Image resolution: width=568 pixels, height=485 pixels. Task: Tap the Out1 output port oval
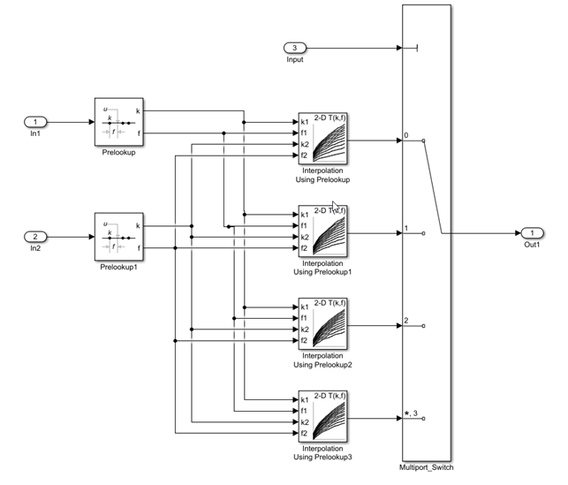(534, 233)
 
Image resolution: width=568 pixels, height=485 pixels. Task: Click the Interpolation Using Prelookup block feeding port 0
(322, 139)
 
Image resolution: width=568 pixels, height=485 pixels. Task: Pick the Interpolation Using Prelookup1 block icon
(322, 231)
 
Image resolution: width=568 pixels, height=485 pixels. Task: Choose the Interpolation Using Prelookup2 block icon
(322, 323)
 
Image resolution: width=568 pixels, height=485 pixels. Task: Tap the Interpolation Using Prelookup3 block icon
(322, 416)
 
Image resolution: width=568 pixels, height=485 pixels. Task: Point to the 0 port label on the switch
(406, 135)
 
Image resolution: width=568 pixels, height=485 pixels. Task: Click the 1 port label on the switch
(406, 228)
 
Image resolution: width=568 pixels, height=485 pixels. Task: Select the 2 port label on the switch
(406, 321)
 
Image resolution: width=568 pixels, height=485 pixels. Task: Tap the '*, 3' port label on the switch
(409, 413)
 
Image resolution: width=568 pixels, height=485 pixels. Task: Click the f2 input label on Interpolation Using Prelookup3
(305, 433)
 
